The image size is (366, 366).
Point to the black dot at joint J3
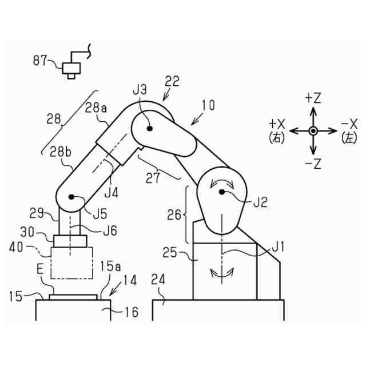150,129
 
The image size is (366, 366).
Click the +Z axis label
312,98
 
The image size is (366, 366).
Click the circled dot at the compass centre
312,131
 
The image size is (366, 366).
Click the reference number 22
172,81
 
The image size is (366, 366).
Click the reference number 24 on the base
160,281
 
